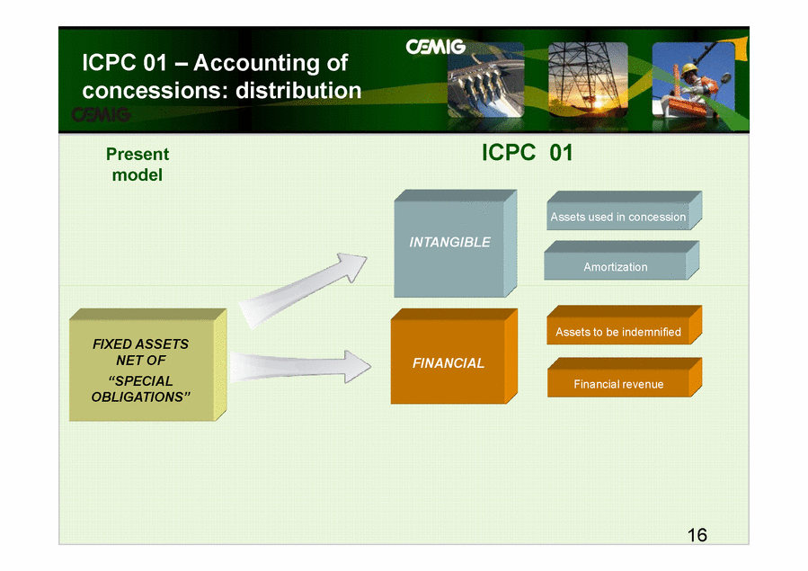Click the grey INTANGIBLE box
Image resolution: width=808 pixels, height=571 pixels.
455,244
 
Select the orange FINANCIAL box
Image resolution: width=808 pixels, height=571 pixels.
454,356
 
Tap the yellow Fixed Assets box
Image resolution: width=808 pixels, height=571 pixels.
148,365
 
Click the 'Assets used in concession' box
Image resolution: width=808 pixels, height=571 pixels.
624,210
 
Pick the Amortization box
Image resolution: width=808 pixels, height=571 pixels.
621,260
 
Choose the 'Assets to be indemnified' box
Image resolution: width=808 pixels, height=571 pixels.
624,325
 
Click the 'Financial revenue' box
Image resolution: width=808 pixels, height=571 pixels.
624,378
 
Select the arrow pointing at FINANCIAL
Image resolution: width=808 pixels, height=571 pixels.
300,367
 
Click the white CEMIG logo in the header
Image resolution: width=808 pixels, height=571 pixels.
435,47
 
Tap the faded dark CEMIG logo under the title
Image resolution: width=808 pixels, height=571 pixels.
101,114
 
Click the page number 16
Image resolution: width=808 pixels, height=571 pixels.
697,535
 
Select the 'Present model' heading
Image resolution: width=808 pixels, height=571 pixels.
138,165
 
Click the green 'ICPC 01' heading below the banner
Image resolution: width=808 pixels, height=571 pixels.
528,153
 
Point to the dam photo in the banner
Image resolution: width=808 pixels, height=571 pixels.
486,79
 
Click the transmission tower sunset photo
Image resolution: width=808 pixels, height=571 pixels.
588,79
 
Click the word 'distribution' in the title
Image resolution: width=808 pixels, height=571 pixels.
298,91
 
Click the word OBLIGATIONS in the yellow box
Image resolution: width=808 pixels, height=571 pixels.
140,397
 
